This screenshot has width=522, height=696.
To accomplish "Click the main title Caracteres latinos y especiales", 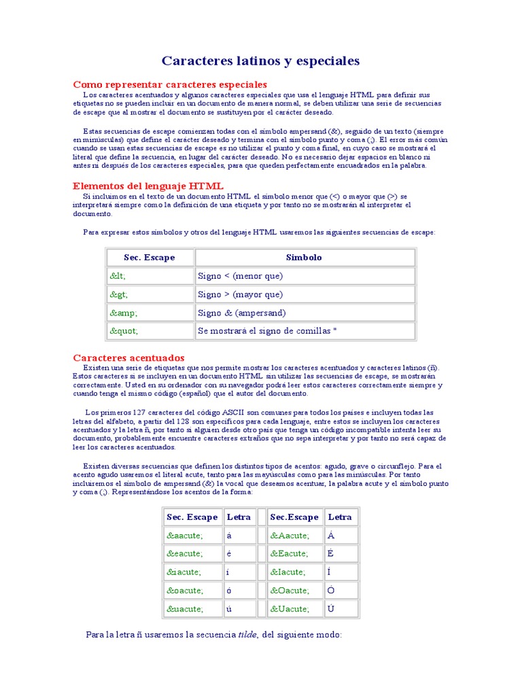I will (x=260, y=61).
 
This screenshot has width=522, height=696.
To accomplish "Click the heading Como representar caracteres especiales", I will (x=170, y=84).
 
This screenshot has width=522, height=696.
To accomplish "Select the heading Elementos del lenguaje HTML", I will (x=148, y=186).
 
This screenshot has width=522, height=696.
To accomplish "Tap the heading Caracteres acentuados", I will (x=128, y=358).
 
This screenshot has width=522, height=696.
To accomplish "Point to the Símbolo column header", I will (x=304, y=258).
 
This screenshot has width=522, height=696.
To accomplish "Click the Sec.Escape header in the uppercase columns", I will (x=294, y=517).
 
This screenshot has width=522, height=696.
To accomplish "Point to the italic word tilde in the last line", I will (x=247, y=635).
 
